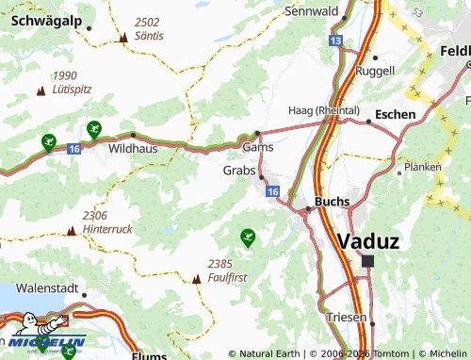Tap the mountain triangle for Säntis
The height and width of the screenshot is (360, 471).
tap(123, 38)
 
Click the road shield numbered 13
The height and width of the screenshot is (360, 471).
tap(336, 41)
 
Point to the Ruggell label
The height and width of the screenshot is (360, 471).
tap(376, 71)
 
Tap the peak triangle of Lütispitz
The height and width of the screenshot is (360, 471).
tap(40, 90)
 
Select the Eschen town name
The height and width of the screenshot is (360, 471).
tap(395, 113)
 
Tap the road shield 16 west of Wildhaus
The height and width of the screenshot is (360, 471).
tap(73, 149)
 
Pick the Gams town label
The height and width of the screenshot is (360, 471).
tap(257, 148)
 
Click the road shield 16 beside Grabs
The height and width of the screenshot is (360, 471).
tap(272, 191)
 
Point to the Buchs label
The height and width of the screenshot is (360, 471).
tap(333, 201)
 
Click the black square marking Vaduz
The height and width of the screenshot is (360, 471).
tap(367, 261)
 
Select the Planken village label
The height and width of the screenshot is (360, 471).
tap(421, 167)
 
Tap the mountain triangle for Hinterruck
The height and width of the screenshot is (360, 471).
tap(72, 230)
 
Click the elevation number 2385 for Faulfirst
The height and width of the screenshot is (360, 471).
tap(219, 264)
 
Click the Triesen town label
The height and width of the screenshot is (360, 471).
tap(346, 318)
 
